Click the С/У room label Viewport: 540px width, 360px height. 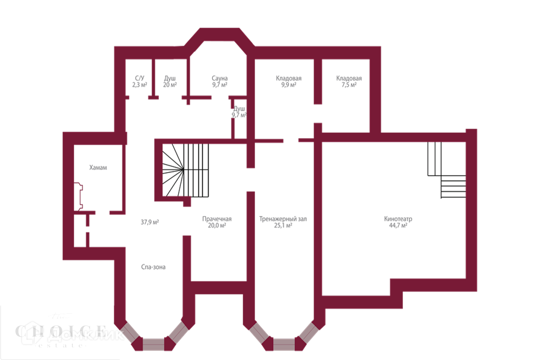139,78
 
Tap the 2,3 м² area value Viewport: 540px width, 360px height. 139,85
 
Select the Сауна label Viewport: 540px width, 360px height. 220,78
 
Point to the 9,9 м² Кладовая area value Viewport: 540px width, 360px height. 288,85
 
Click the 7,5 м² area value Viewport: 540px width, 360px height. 349,85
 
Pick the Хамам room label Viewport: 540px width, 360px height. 98,168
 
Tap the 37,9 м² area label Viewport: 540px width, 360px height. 150,222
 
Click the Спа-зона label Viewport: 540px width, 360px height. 153,267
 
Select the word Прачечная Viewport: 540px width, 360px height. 216,219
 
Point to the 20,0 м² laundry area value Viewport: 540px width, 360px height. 216,226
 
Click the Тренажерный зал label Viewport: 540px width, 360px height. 283,219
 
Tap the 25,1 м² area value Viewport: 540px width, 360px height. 283,226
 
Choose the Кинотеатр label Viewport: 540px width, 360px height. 398,219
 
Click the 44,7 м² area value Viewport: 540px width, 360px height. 398,226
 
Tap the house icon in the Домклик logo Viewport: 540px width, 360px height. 33,333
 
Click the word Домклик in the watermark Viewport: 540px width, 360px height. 85,334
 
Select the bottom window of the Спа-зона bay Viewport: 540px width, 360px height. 153,344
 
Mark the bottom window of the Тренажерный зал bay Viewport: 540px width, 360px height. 284,344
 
